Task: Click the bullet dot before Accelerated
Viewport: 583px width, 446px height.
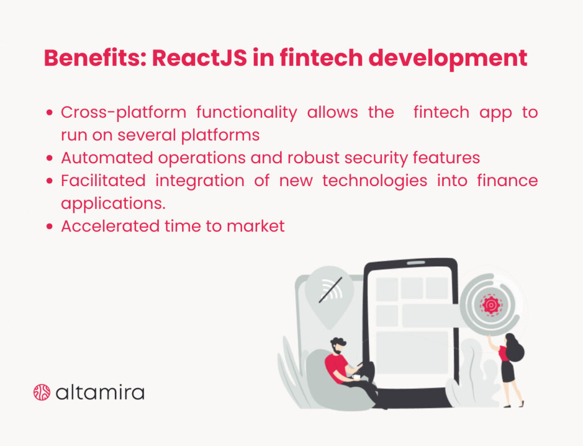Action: (x=51, y=226)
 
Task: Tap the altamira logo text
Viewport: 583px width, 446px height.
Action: (x=100, y=392)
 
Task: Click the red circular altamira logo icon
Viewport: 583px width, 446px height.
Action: (x=42, y=392)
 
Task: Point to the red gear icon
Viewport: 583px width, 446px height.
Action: (x=489, y=305)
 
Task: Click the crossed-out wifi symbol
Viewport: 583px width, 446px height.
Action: (x=330, y=290)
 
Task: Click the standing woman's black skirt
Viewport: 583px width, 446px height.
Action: (x=507, y=371)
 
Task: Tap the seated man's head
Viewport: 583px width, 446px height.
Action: (x=337, y=344)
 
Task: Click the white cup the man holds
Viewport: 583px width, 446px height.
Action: (x=356, y=376)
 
